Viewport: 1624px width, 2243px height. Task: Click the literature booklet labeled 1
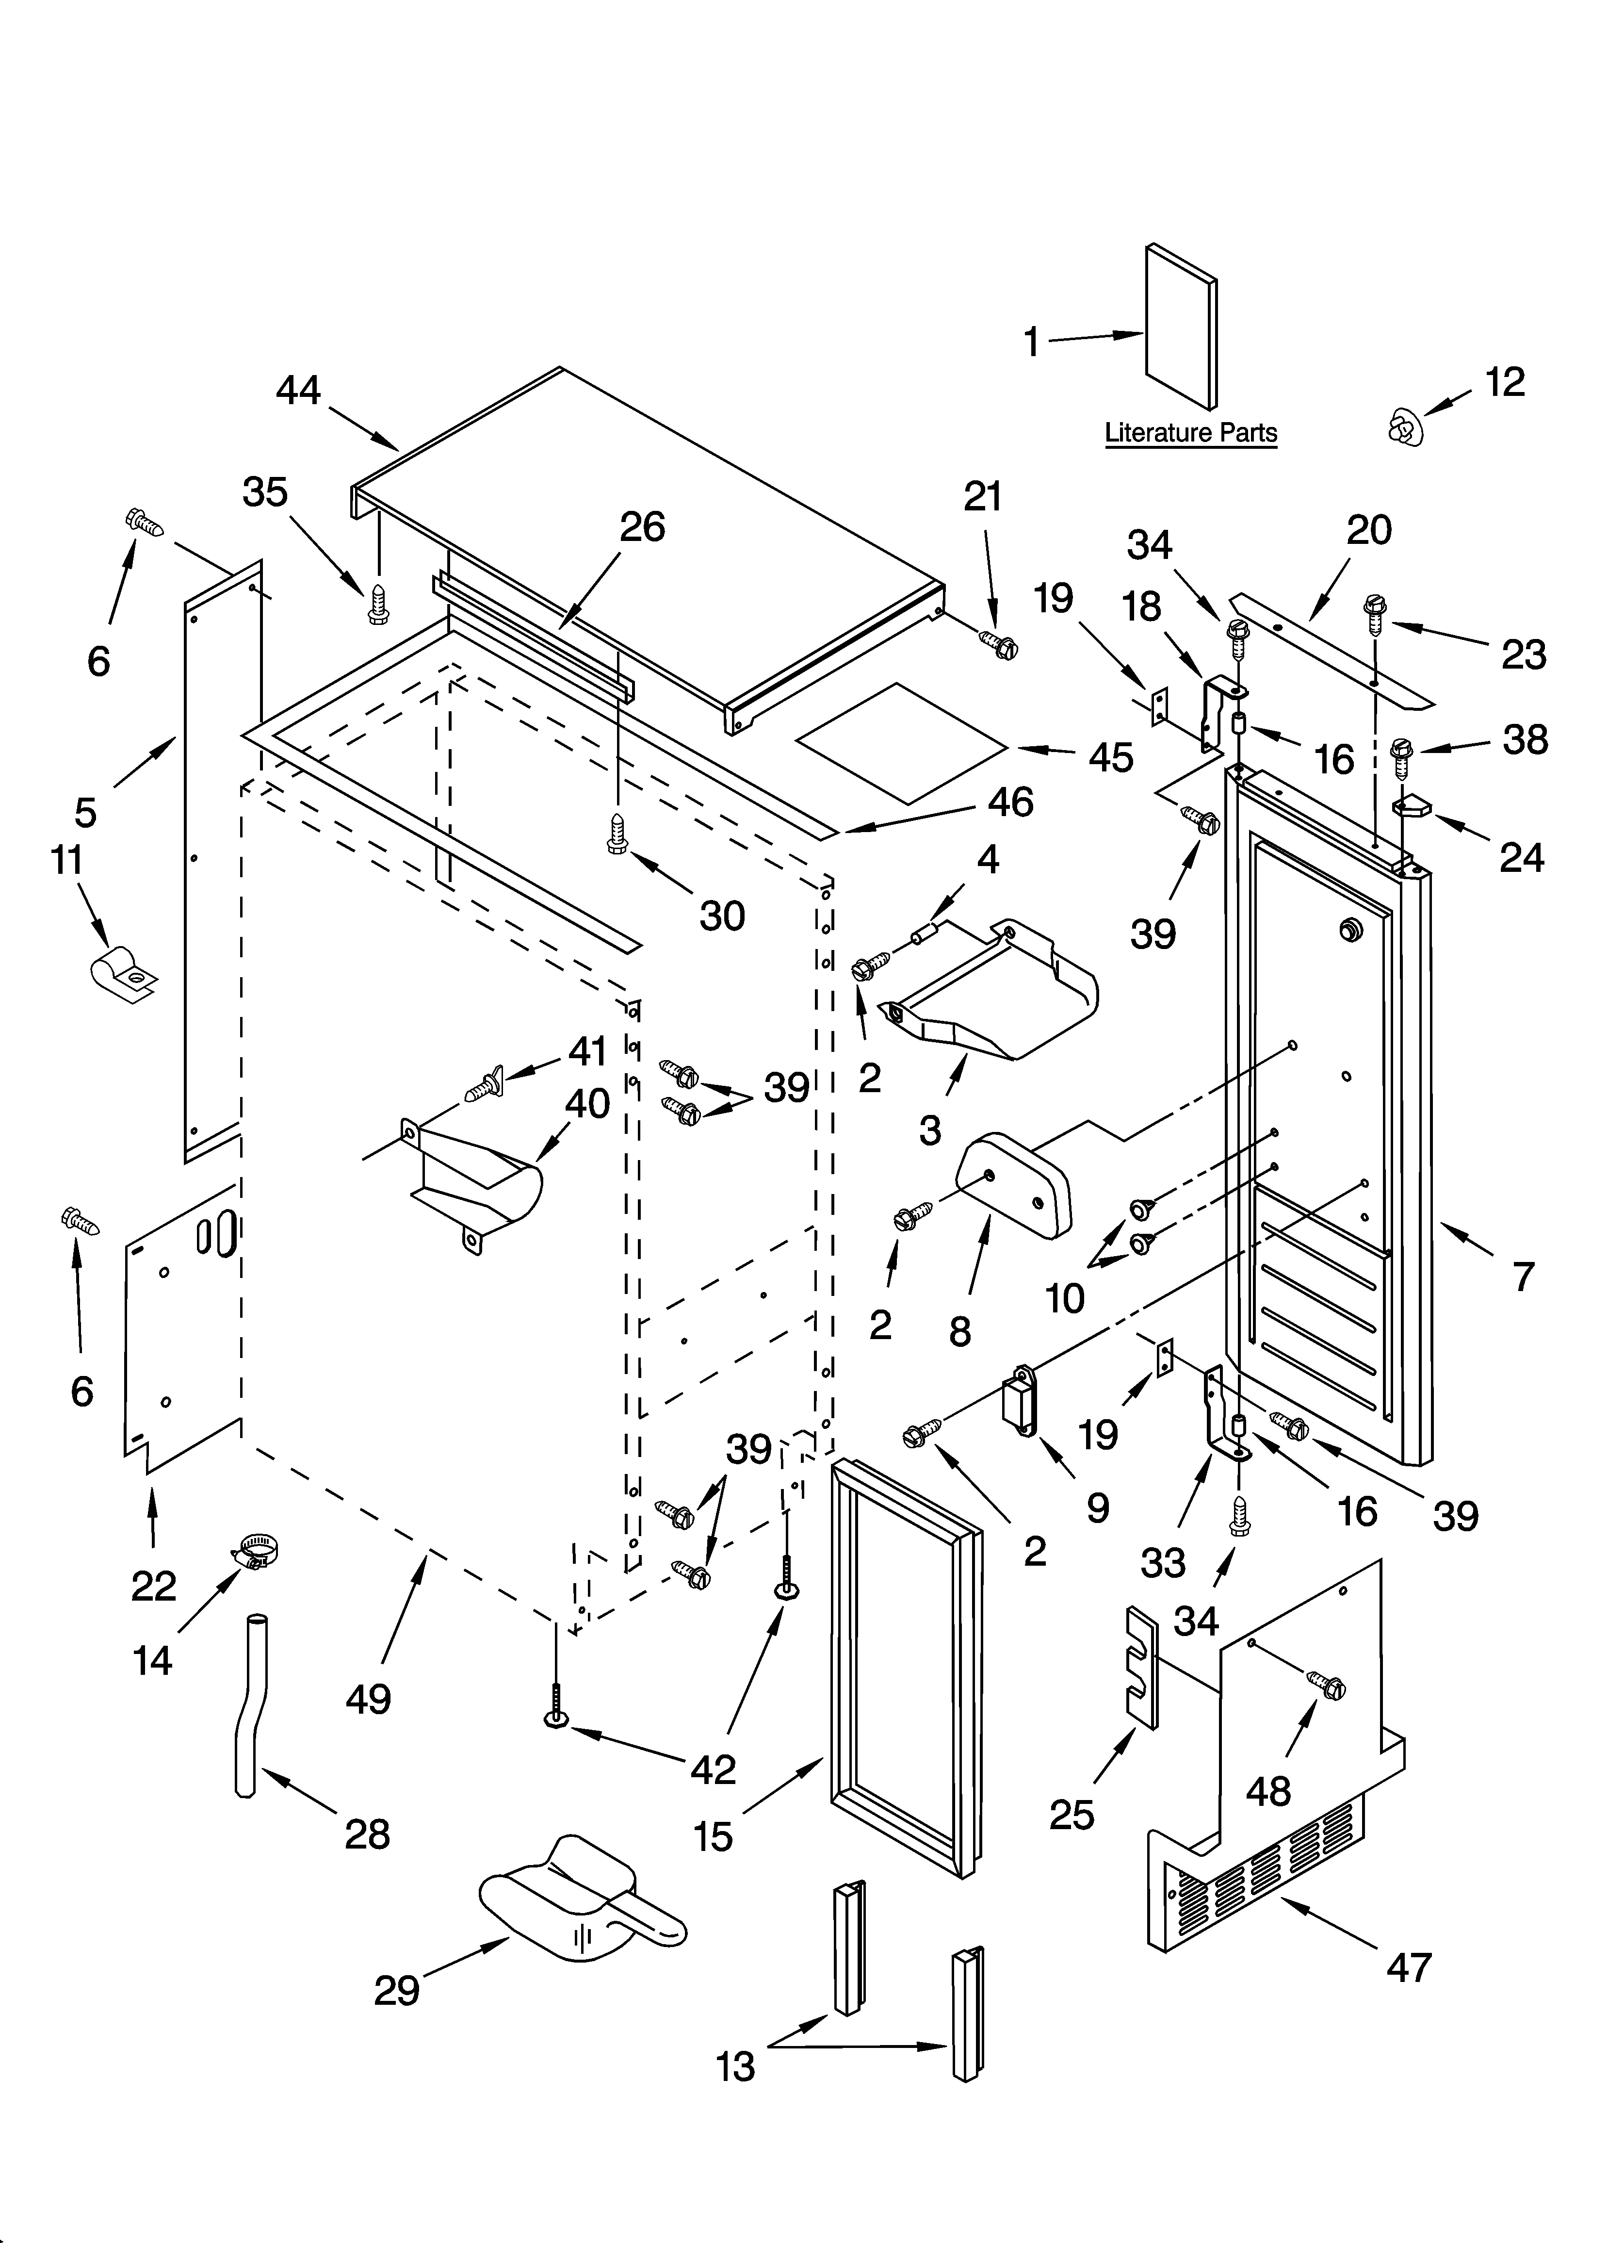pos(1181,327)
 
